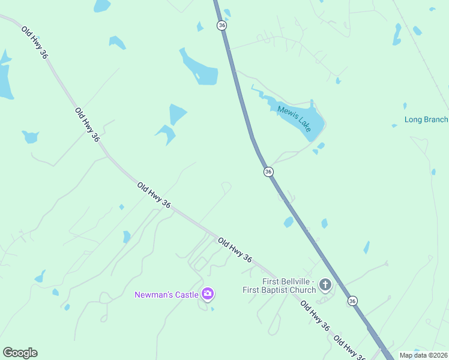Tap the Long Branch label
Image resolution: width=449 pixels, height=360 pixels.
click(426, 119)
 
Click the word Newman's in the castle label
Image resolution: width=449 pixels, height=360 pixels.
click(154, 295)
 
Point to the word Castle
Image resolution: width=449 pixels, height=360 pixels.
click(187, 295)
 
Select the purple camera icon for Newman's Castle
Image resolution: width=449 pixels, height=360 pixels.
click(208, 293)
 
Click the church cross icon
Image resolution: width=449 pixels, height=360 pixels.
click(325, 284)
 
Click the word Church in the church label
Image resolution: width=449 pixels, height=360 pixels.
click(303, 290)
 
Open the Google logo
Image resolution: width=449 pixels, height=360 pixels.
click(20, 353)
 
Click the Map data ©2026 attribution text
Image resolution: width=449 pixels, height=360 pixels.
click(423, 355)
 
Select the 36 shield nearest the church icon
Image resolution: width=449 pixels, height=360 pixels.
click(352, 301)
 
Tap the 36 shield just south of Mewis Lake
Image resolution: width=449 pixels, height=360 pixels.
click(268, 172)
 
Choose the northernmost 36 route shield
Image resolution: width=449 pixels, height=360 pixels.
click(222, 25)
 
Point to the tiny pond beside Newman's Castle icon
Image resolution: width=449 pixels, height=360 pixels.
click(212, 310)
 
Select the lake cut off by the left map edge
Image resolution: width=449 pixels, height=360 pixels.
click(5, 78)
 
